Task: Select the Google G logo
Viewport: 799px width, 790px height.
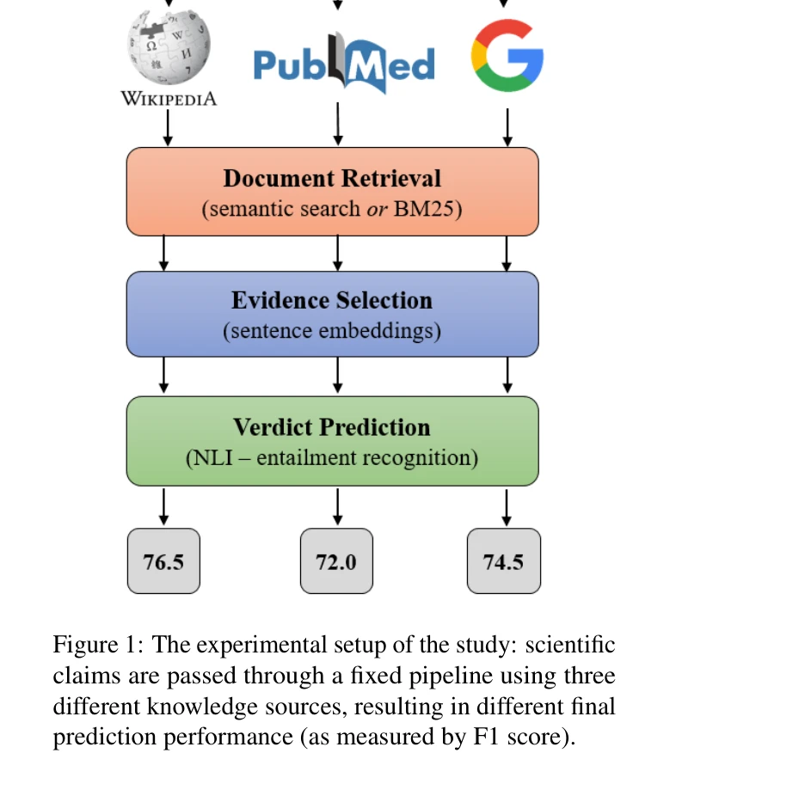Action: coord(507,56)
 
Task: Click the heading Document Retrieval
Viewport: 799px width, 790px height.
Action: coord(332,178)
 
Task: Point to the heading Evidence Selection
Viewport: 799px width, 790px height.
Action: coord(332,301)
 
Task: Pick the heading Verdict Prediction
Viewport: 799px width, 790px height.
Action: coord(332,427)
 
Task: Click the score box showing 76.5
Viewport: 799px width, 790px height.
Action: coord(163,561)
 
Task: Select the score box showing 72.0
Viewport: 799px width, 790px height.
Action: coord(336,561)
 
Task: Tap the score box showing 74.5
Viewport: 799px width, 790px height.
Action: coord(504,561)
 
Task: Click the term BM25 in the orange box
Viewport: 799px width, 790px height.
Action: coord(426,209)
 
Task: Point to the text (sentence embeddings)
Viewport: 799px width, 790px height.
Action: coord(332,331)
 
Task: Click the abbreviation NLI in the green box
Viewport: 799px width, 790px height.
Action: coord(207,457)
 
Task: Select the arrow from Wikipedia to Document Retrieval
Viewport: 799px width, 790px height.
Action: coord(168,127)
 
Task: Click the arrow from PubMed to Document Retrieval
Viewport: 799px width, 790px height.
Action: coord(338,127)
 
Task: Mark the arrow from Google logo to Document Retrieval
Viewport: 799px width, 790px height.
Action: coord(507,127)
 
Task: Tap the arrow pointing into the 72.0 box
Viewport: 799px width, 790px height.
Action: coord(338,507)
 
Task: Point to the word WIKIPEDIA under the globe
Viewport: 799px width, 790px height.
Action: coord(169,99)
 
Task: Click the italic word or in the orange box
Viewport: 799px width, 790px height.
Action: coord(377,209)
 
